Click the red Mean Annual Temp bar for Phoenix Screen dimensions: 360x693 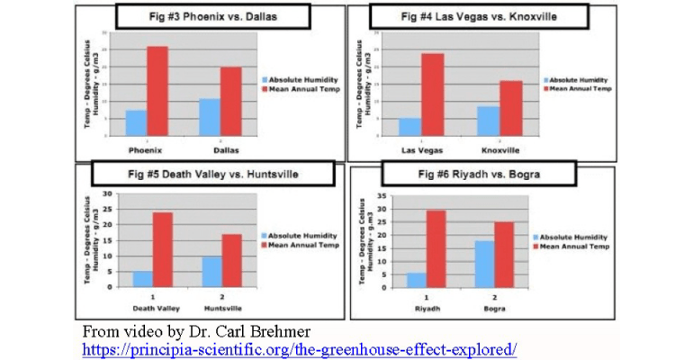[158, 90]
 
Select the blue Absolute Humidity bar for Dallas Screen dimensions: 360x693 [210, 117]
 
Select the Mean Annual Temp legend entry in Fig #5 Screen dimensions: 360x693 [306, 246]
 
